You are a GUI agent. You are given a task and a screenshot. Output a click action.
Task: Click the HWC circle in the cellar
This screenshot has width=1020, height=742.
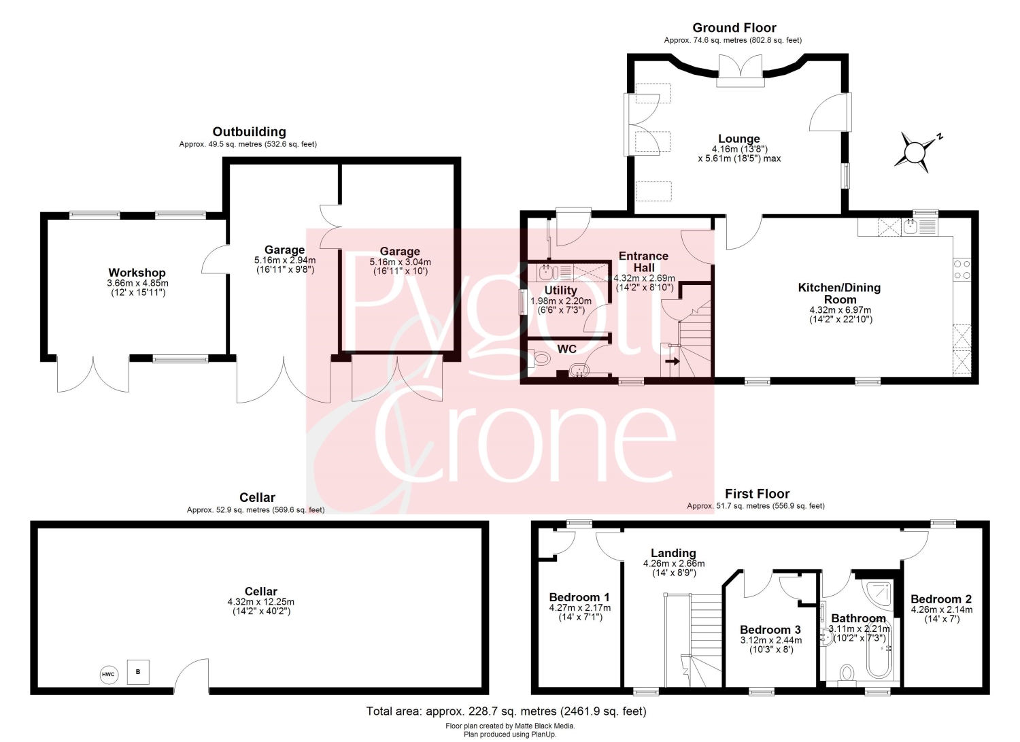109,675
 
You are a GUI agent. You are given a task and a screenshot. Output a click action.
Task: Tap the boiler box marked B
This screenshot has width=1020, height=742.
138,672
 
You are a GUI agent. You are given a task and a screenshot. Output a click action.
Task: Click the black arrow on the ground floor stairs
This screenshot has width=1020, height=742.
673,361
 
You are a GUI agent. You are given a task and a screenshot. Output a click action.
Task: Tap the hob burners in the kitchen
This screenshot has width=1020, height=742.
962,269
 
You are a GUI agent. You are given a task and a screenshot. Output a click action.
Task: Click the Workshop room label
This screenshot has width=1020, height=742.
137,273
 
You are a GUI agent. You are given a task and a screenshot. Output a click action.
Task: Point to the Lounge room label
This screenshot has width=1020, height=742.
739,139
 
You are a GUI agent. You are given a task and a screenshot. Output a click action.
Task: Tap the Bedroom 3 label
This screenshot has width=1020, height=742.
770,630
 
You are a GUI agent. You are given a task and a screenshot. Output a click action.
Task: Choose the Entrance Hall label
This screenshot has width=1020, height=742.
643,262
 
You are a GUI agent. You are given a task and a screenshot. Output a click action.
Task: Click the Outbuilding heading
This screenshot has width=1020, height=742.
250,132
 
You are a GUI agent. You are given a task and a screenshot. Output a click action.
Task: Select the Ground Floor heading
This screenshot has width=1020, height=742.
734,28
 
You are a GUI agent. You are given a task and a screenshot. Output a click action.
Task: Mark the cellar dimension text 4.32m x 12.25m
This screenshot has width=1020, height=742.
261,602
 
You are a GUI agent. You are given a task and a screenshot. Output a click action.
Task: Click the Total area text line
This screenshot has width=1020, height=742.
507,711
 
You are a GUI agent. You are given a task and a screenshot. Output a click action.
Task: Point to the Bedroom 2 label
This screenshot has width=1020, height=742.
941,599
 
